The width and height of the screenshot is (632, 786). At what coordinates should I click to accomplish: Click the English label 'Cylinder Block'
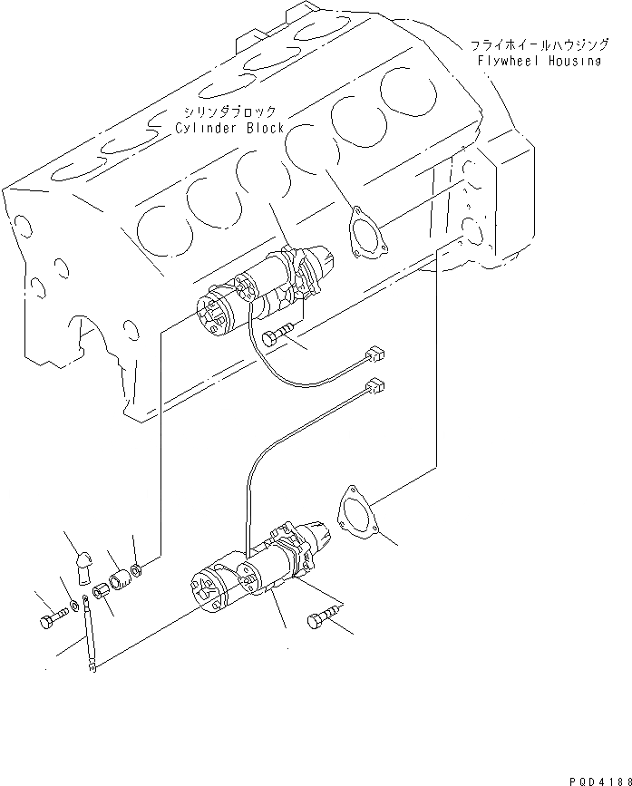pyautogui.click(x=230, y=129)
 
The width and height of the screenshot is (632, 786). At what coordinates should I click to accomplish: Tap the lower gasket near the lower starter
pyautogui.click(x=355, y=512)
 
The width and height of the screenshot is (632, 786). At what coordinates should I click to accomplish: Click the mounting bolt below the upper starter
pyautogui.click(x=276, y=339)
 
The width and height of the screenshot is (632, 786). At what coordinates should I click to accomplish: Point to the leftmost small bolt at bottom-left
pyautogui.click(x=49, y=622)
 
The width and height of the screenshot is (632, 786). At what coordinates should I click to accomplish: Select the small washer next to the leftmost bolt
pyautogui.click(x=73, y=605)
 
